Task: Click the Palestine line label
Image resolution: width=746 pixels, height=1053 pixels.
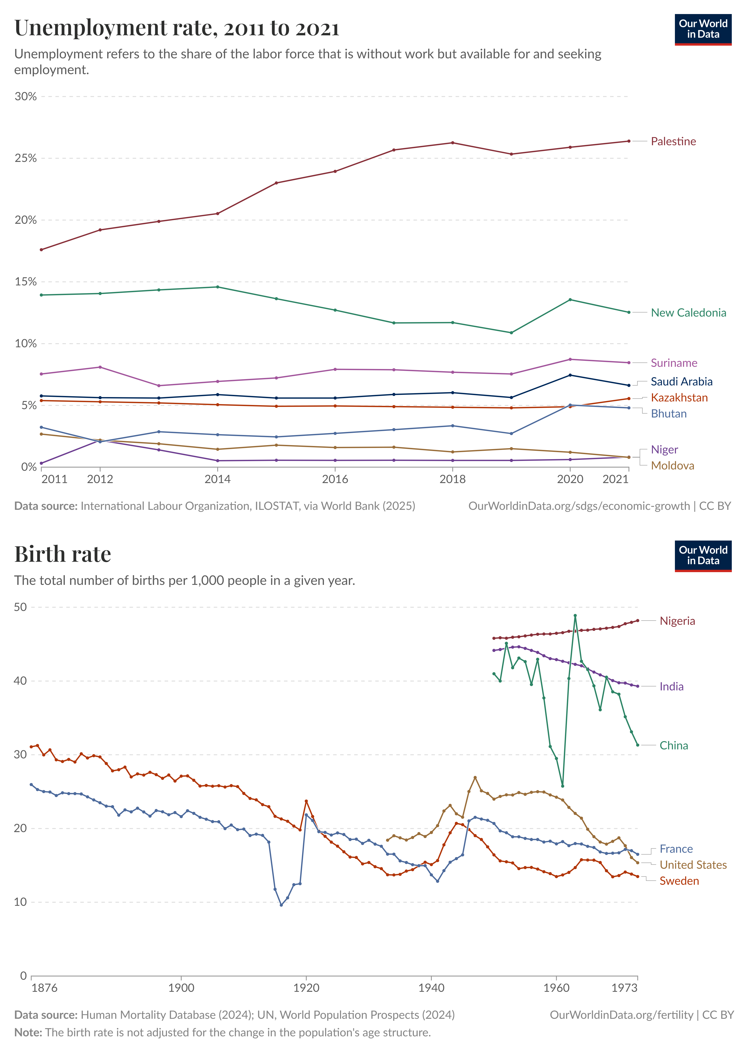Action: pos(673,141)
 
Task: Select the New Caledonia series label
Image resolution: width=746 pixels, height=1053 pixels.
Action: pos(688,313)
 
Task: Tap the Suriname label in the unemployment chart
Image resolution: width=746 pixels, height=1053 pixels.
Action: pos(673,363)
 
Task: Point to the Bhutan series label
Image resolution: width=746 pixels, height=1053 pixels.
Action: pos(668,414)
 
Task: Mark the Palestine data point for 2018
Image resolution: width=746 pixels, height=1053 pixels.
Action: pos(452,143)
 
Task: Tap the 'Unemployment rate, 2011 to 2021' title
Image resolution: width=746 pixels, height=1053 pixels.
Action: pos(177,28)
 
